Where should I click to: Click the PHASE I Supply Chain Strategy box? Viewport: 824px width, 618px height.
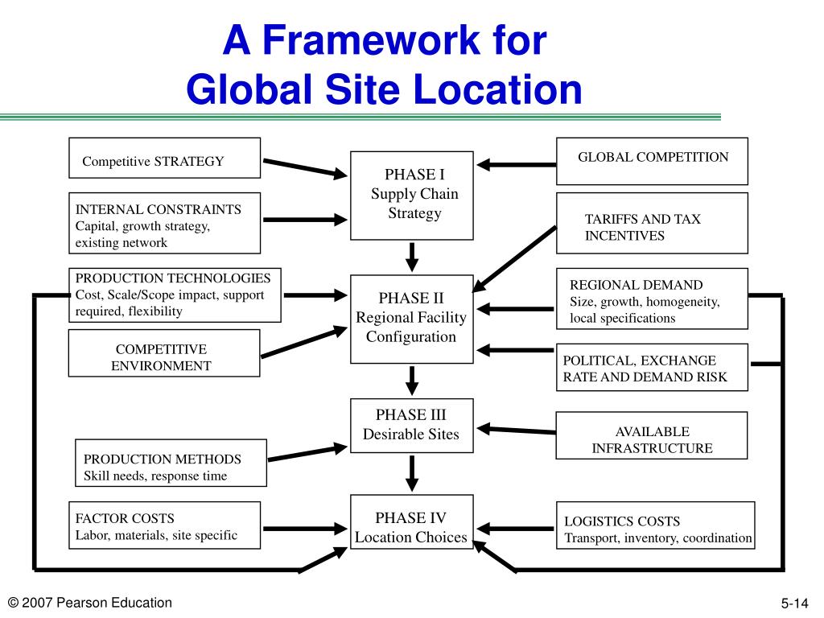[411, 195]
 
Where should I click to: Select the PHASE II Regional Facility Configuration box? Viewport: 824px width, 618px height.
[411, 318]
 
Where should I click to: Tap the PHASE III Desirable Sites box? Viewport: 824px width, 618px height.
[411, 425]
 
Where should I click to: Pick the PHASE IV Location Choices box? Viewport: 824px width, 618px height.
[411, 528]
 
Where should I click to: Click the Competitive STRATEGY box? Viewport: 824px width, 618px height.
[164, 158]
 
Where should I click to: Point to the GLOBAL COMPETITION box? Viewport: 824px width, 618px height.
[653, 161]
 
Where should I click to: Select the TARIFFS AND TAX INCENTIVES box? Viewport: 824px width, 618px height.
[653, 223]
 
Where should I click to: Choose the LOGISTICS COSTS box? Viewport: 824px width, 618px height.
[655, 525]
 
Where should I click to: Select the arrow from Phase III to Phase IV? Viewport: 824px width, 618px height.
[412, 472]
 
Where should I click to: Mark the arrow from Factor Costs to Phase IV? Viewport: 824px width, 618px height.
[304, 529]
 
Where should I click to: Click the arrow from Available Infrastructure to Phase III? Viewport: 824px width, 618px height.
[515, 430]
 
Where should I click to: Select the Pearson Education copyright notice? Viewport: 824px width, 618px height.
[89, 603]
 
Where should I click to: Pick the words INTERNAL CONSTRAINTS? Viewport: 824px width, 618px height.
[159, 209]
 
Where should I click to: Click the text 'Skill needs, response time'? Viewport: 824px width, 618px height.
[156, 476]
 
